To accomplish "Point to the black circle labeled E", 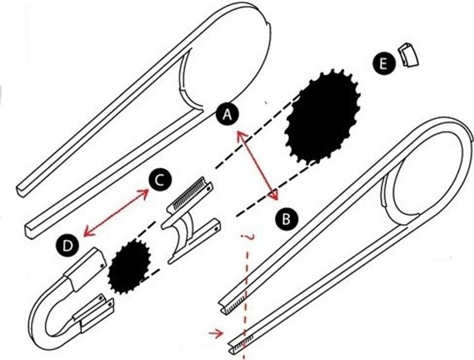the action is [x=382, y=63].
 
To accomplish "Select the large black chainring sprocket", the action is [x=323, y=116].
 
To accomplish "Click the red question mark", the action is [x=250, y=237].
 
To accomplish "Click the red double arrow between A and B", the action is [x=258, y=166].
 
